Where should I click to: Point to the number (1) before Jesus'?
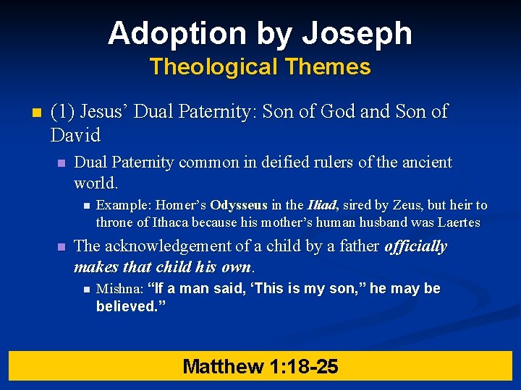(64, 112)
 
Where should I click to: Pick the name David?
(75, 135)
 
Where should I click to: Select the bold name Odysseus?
(238, 206)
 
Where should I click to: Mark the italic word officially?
(415, 246)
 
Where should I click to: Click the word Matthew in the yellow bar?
(223, 366)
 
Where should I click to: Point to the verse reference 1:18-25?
(303, 366)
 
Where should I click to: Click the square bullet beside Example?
(85, 207)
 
